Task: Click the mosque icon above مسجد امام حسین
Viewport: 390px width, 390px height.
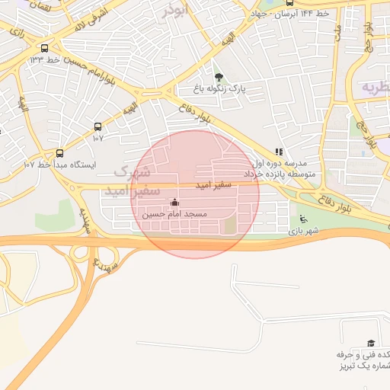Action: click(x=175, y=203)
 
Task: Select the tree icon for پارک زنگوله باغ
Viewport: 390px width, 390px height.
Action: click(x=219, y=77)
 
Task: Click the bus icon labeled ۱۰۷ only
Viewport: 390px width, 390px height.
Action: click(x=97, y=126)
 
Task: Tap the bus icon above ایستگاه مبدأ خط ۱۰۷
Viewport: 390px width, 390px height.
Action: click(x=59, y=153)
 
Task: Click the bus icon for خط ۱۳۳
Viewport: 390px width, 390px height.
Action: click(x=44, y=48)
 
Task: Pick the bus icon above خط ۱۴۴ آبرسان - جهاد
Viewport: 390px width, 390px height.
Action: click(x=288, y=3)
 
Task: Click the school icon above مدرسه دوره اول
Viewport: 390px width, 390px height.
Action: click(x=279, y=152)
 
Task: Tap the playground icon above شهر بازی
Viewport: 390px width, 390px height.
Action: click(x=304, y=220)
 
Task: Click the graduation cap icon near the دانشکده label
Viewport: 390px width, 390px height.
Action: click(x=371, y=344)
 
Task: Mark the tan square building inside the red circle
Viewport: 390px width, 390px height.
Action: click(x=229, y=225)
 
